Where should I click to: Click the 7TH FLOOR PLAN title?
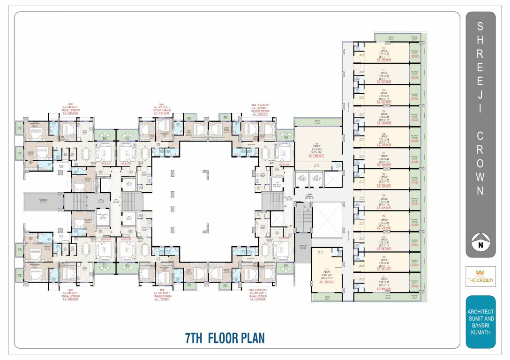pyautogui.click(x=225, y=337)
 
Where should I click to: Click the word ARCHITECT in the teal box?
pyautogui.click(x=480, y=312)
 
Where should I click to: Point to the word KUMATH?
pyautogui.click(x=480, y=332)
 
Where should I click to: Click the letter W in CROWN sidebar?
pyautogui.click(x=480, y=177)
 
